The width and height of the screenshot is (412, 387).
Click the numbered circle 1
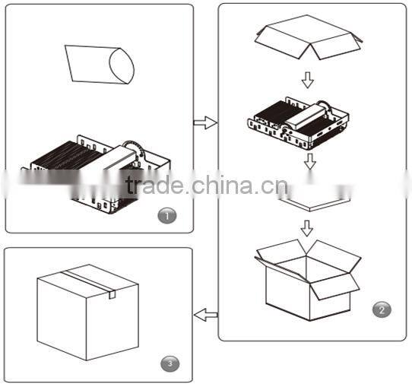[167, 216]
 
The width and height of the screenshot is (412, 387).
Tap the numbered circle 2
[382, 309]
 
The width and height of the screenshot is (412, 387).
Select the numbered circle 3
[170, 364]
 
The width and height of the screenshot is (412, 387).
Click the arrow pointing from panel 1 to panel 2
[205, 122]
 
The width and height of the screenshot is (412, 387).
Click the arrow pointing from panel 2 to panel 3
[206, 315]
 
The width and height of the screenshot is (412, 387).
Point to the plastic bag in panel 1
[100, 65]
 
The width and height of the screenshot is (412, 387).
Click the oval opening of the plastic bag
[122, 66]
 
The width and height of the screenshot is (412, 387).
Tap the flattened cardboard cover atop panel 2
[309, 37]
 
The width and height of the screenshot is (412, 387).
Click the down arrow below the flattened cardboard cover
[308, 80]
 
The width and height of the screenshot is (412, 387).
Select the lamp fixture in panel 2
[298, 122]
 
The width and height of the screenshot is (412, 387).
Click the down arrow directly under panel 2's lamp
[310, 161]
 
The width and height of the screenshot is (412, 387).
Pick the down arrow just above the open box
[307, 228]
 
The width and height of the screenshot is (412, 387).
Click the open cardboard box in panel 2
[308, 280]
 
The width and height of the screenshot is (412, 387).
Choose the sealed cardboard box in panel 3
[87, 312]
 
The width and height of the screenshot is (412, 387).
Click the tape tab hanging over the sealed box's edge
[113, 294]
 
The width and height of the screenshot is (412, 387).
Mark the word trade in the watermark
[154, 185]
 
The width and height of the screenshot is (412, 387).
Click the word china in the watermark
[223, 185]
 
